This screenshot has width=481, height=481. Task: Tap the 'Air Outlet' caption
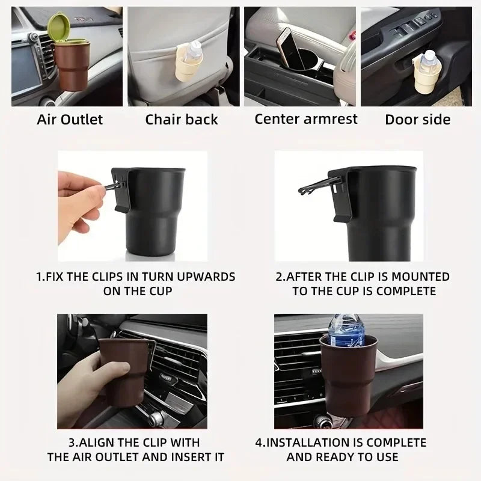pos(70,119)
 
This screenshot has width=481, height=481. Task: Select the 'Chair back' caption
pos(181,119)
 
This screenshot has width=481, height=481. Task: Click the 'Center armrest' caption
pos(305,118)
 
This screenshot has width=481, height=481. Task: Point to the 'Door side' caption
pos(417,119)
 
